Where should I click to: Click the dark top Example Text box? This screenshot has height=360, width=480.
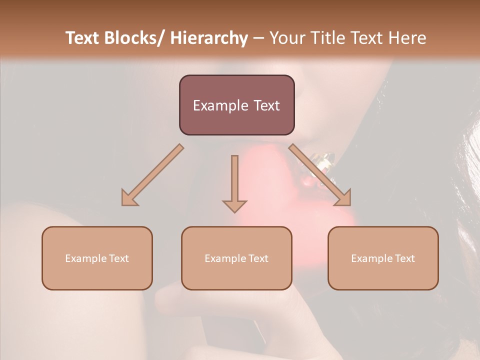(236, 105)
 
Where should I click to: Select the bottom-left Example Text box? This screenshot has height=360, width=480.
(97, 258)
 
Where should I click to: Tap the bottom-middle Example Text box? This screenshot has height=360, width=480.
(236, 258)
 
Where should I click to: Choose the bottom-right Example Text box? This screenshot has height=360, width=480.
(383, 258)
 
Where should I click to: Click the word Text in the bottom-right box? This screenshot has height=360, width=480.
(404, 258)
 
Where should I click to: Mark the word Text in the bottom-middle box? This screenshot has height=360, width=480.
(257, 258)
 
